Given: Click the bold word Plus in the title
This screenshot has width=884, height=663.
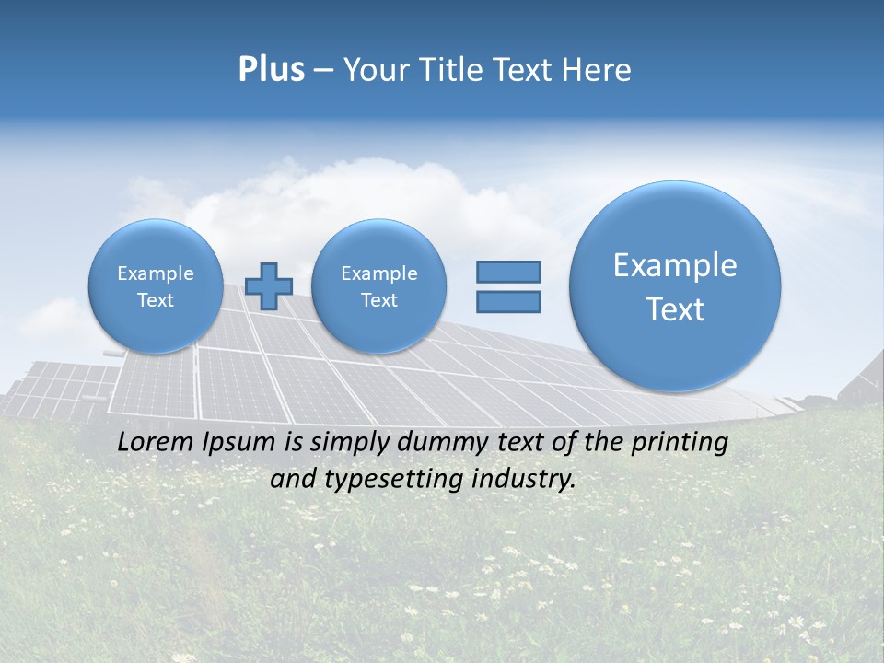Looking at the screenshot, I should point(271,70).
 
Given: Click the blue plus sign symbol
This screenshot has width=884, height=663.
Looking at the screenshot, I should point(269,286).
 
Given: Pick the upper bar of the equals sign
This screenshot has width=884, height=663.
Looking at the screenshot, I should point(508,272).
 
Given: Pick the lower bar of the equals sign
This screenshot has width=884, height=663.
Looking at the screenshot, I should point(508,301).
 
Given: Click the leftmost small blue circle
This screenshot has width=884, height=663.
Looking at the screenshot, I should point(155,285).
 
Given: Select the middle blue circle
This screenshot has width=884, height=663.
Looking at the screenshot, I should point(378,285).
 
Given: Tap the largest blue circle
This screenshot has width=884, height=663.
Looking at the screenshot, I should point(675,285).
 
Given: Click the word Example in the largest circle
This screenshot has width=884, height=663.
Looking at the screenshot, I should point(675,265).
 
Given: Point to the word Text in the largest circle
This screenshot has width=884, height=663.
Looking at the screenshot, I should point(675,309).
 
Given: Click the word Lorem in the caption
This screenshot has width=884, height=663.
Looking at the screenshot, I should point(152,442).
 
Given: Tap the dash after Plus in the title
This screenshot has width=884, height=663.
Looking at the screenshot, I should point(323,71).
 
